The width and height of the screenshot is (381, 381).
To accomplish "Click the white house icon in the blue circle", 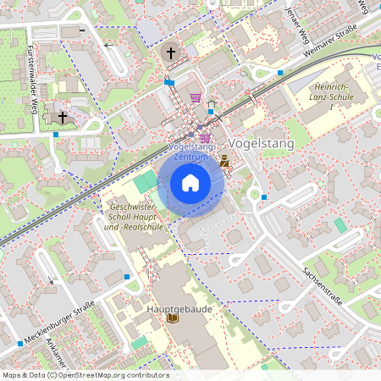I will [190, 183].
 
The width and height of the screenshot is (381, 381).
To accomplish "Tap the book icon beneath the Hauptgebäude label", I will [173, 320].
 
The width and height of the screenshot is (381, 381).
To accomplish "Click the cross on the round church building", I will [171, 53].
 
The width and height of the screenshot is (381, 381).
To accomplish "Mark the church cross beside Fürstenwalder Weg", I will [62, 117].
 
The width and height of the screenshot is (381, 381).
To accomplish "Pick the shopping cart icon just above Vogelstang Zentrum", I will [204, 136].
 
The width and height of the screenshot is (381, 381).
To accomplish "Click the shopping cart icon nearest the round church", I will [196, 97].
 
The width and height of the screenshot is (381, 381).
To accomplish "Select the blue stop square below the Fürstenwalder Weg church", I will [56, 134].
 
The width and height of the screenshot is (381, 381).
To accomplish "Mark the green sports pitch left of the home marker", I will [146, 180].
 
